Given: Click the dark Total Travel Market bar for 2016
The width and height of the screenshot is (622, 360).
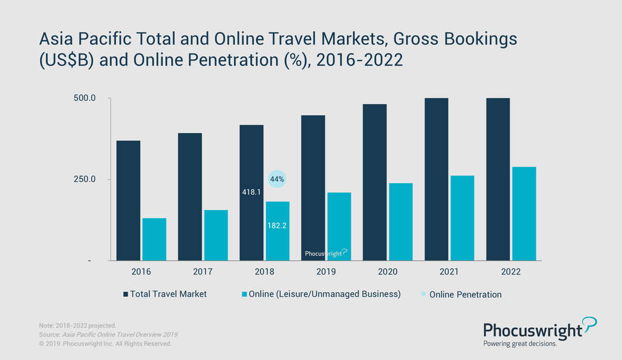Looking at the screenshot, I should tap(128, 200).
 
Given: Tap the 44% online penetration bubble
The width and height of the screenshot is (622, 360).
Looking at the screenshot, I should tap(277, 179).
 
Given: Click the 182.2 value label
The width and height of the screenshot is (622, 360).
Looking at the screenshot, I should tap(277, 225).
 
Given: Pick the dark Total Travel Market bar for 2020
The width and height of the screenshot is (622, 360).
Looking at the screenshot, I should tap(374, 182).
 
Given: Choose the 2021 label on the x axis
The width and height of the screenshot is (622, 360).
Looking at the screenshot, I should tap(449, 272).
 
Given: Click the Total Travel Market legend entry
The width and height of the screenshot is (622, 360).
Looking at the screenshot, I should tap(165, 294).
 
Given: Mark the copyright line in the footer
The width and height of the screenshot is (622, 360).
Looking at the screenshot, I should tap(104, 344).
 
